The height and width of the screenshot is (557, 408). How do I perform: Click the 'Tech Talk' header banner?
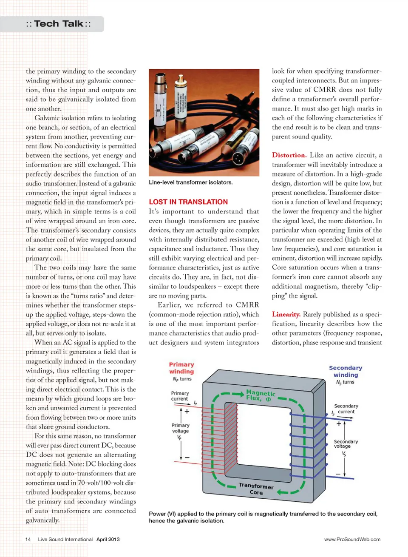coord(58,24)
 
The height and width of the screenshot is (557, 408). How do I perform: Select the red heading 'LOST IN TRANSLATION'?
coord(188,202)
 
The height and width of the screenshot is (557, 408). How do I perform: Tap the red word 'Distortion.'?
coord(289,155)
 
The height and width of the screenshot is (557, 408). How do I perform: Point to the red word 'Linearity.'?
coord(286,314)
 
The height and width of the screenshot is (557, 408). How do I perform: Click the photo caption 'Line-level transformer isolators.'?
coord(190,182)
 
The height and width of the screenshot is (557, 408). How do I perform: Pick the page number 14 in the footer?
coord(28,539)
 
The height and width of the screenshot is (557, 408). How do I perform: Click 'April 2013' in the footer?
coord(108,539)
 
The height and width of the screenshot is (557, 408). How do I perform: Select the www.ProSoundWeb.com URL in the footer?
coord(352,539)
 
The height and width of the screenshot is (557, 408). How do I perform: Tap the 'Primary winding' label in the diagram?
coord(181,368)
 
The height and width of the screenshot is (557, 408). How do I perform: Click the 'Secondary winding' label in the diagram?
coord(346,371)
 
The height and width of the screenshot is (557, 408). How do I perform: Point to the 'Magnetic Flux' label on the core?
coord(260,395)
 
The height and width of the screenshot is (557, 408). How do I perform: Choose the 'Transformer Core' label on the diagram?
coord(256,489)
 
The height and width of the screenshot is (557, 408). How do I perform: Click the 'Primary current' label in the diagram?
coord(180,396)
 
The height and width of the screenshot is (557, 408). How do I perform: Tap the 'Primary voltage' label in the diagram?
coord(180,428)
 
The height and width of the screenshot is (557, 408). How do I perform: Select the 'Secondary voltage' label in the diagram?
coord(346,444)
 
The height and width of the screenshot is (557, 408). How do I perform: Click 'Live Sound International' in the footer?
coord(65,539)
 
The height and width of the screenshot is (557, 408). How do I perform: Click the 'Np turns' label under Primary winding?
coord(182,379)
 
